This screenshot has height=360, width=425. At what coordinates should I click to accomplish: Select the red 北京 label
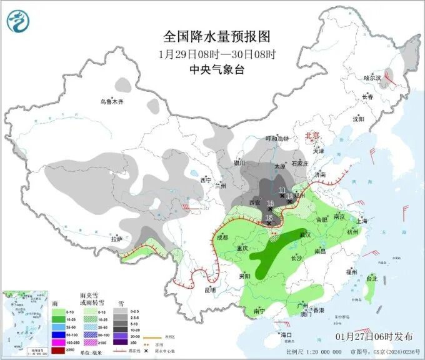(311, 135)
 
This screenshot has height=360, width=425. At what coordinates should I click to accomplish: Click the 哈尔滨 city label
(372, 78)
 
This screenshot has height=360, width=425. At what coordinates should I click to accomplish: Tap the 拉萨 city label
(116, 239)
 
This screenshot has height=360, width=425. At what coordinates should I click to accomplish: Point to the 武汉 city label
(305, 234)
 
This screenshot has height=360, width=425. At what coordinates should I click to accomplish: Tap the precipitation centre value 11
(282, 190)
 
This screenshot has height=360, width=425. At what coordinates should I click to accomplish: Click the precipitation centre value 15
(269, 217)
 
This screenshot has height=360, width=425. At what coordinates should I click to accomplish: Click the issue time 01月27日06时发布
(374, 336)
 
